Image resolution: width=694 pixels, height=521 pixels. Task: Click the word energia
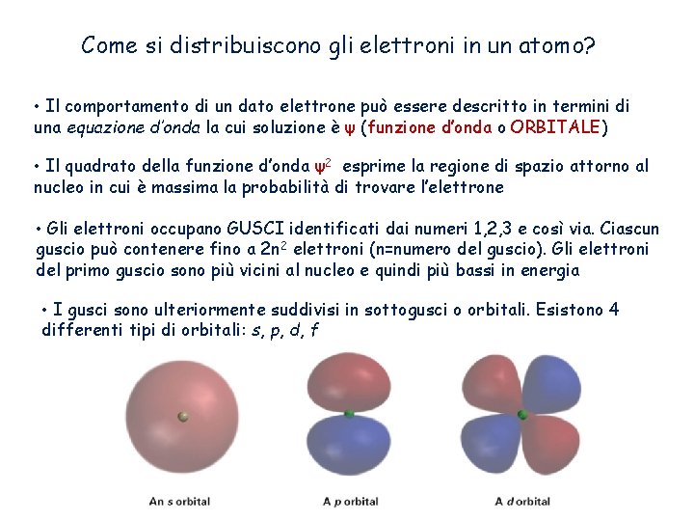[549, 270]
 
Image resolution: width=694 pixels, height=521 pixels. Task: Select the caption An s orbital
[180, 501]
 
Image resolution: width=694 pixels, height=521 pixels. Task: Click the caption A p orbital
[350, 501]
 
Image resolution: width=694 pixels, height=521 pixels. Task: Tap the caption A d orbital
[522, 501]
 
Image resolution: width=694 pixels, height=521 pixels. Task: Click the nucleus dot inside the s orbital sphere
[182, 417]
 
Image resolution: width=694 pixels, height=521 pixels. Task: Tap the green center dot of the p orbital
[350, 414]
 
